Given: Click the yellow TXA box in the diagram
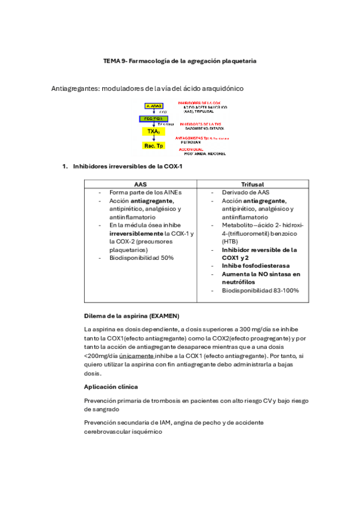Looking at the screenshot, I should (x=153, y=131).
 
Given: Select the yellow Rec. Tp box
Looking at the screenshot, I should (x=153, y=146).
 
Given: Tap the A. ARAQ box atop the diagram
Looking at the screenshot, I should (x=154, y=106).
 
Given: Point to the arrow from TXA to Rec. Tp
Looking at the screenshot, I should (x=153, y=138).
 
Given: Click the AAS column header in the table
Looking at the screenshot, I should (x=140, y=184).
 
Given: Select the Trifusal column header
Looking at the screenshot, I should (x=252, y=184).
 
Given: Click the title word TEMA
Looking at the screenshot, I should (x=112, y=61).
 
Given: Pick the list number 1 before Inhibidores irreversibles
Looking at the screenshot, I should (x=65, y=166).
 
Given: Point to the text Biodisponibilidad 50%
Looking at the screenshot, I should (x=141, y=257).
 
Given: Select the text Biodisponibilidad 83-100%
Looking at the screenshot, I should (x=260, y=290).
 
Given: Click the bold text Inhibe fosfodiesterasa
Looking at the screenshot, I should (x=255, y=266).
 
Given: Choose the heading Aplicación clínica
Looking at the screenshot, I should (x=111, y=386).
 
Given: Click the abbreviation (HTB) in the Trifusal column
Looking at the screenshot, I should (x=230, y=241).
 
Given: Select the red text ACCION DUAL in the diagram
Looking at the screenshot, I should (x=189, y=149).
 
